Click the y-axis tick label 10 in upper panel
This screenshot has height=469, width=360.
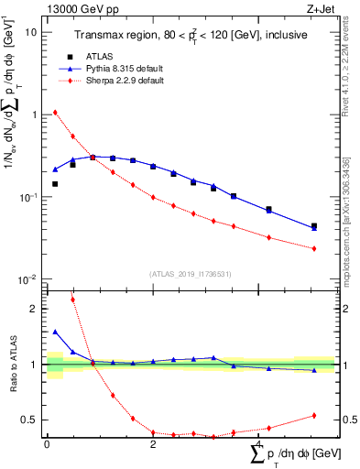(31, 32)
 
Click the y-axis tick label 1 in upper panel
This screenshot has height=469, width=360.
(34, 115)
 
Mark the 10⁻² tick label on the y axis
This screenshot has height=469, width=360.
(28, 278)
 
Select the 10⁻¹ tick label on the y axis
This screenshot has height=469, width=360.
(28, 197)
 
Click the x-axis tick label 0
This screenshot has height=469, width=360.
(47, 443)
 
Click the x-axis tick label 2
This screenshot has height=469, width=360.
(153, 443)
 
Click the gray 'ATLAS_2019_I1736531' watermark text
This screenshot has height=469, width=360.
(188, 274)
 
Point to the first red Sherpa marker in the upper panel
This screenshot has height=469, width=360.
(55, 113)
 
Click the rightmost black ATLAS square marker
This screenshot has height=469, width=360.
(314, 225)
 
